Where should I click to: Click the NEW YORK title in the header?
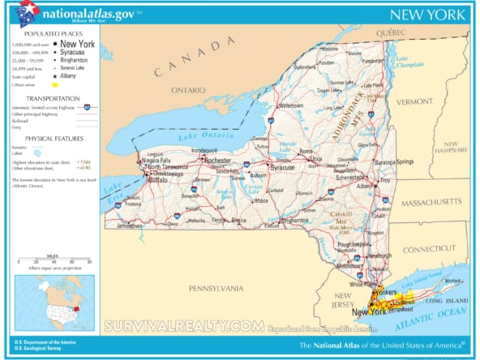click(x=427, y=15)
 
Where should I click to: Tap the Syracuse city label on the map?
click(x=282, y=167)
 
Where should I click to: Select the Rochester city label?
click(x=216, y=161)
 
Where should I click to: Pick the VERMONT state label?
click(x=414, y=101)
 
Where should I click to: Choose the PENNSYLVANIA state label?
click(x=216, y=288)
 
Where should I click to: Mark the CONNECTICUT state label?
click(x=430, y=249)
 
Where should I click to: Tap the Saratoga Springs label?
click(x=398, y=162)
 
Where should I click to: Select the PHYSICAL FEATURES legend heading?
click(x=49, y=138)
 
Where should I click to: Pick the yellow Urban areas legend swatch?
click(x=55, y=84)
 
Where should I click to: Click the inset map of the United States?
click(x=54, y=302)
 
